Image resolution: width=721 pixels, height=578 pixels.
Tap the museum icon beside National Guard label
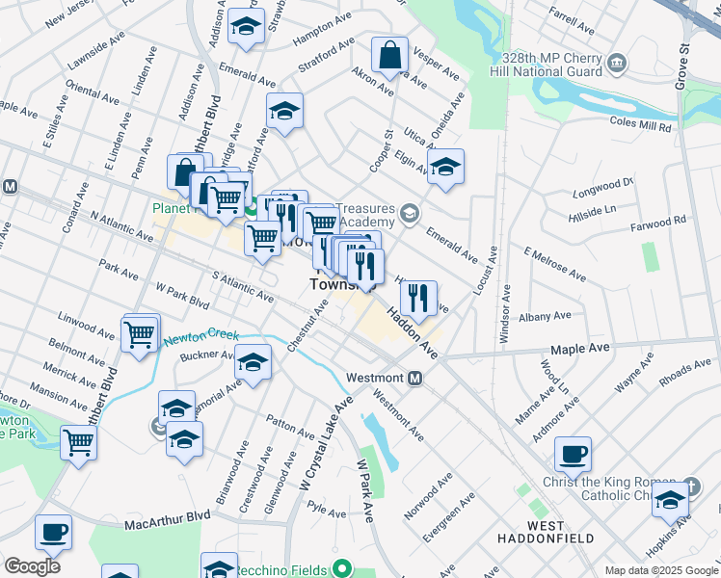[x=617, y=64]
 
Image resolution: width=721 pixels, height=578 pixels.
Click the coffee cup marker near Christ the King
[x=573, y=453]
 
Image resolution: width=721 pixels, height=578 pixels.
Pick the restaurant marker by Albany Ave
[x=417, y=298]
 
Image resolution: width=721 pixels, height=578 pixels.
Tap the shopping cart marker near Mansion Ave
[x=78, y=442]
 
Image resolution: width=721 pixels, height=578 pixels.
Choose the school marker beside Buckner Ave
[x=253, y=363]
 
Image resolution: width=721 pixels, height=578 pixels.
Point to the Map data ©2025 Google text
[x=660, y=570]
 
